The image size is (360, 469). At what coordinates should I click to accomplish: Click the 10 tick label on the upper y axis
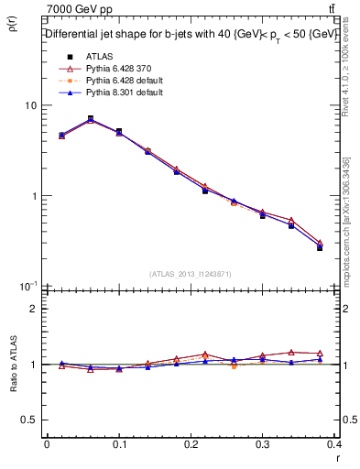30,105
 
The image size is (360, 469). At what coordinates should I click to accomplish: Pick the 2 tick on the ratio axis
33,309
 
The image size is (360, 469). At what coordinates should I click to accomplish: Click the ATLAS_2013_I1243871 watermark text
191,274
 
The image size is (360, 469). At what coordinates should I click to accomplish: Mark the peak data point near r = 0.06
90,119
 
